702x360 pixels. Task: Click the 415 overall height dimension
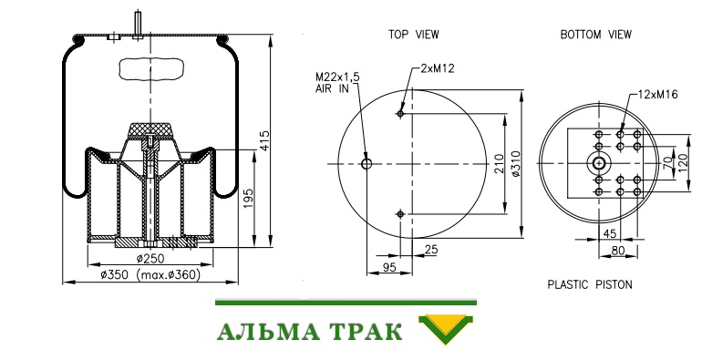pyautogui.click(x=264, y=140)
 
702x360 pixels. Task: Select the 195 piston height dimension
pyautogui.click(x=249, y=199)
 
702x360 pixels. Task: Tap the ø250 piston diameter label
pyautogui.click(x=150, y=259)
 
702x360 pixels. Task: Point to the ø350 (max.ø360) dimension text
pyautogui.click(x=150, y=274)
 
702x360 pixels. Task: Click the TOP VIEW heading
pyautogui.click(x=413, y=35)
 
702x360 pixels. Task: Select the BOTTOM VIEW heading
pyautogui.click(x=596, y=35)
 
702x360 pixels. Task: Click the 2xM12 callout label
pyautogui.click(x=438, y=68)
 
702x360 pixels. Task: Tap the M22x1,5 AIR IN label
pyautogui.click(x=337, y=83)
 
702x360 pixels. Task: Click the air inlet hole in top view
pyautogui.click(x=366, y=164)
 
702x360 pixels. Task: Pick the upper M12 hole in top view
pyautogui.click(x=400, y=114)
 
